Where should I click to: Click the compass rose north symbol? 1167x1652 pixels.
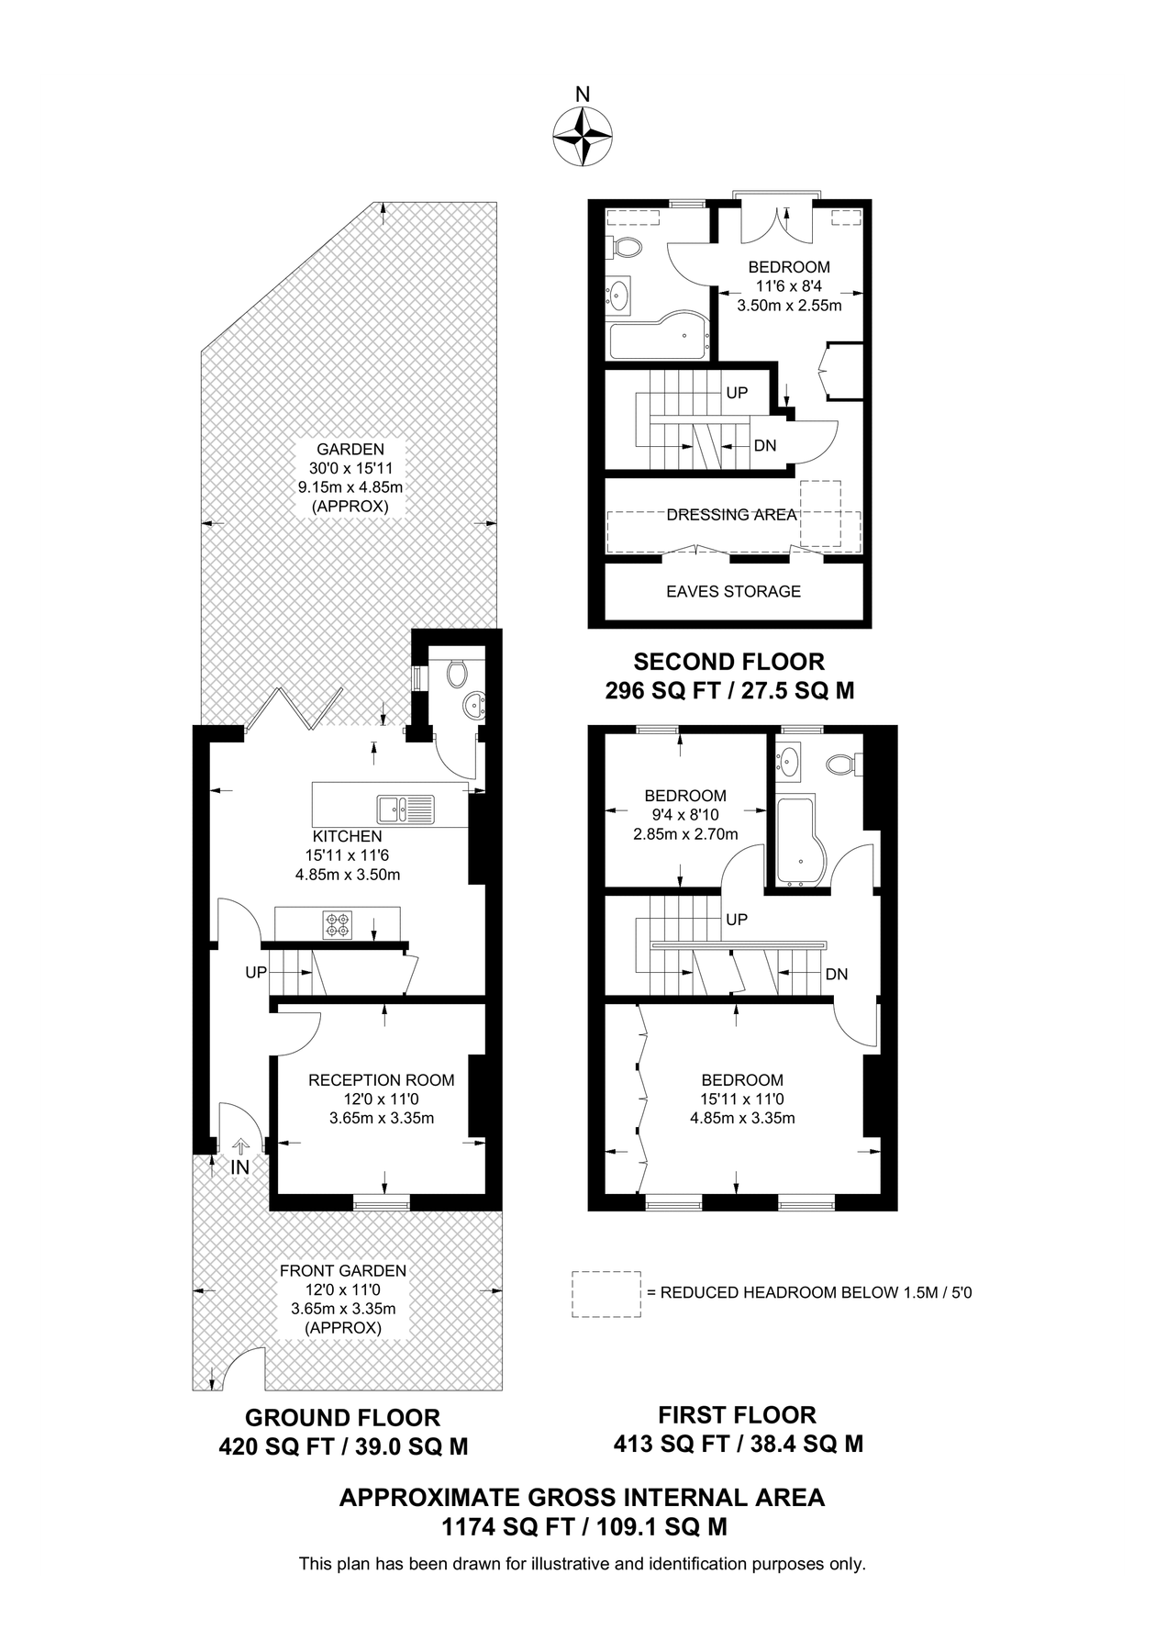point(583,135)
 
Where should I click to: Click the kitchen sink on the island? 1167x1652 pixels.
point(405,809)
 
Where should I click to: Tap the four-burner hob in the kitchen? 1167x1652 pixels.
point(337,924)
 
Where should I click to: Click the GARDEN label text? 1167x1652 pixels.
point(350,450)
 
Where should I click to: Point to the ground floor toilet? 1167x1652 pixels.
point(456,675)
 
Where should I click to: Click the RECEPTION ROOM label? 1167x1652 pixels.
point(381,1080)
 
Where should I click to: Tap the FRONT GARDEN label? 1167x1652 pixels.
point(342,1271)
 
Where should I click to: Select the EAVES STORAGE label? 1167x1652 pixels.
point(733,592)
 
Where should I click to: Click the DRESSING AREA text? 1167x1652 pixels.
point(731,515)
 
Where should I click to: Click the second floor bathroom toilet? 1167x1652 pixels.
point(627,247)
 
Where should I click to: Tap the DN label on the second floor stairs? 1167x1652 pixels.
point(764,446)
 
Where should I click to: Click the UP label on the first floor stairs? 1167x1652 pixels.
point(736,920)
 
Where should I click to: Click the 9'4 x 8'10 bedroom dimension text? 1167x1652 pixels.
point(684,815)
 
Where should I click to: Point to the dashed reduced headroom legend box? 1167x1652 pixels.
point(606,1294)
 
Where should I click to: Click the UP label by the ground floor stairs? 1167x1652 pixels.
point(255,972)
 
